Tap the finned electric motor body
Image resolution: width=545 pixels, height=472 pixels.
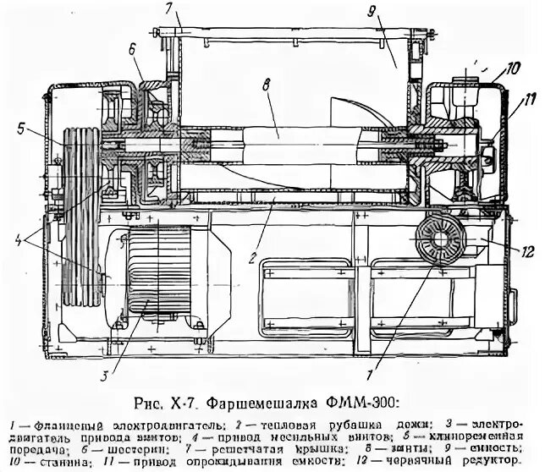(161, 275)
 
